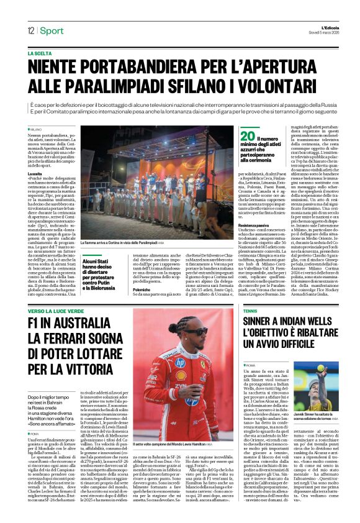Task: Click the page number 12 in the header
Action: click(x=30, y=30)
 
